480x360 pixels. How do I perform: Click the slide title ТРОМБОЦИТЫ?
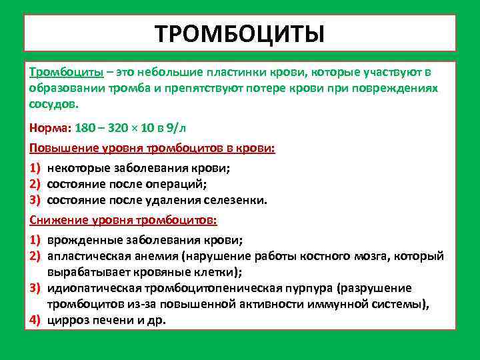[239, 33]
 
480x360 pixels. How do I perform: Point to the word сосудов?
[52, 104]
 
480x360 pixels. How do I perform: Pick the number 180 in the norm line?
[84, 127]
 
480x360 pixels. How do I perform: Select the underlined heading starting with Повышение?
[152, 147]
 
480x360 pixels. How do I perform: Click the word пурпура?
[307, 289]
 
